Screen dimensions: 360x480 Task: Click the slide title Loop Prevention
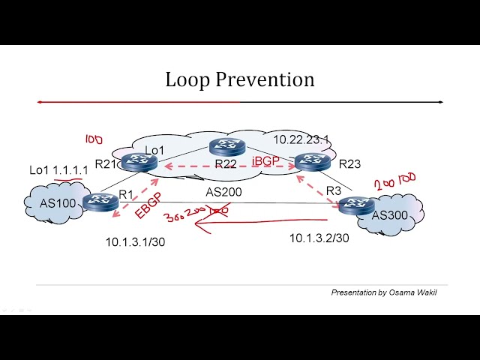[239, 79]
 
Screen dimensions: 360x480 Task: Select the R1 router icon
[100, 200]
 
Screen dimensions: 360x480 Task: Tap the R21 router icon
[137, 160]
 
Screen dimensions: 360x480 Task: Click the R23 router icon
[310, 160]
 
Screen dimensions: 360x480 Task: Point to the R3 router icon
[355, 204]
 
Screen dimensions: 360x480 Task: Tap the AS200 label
[223, 191]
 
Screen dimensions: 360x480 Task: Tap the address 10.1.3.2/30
[319, 238]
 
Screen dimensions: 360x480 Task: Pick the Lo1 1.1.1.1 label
[58, 170]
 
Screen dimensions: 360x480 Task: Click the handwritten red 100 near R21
[93, 139]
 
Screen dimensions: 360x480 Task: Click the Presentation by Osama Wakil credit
[383, 292]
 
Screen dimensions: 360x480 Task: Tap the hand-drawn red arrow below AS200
[262, 222]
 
